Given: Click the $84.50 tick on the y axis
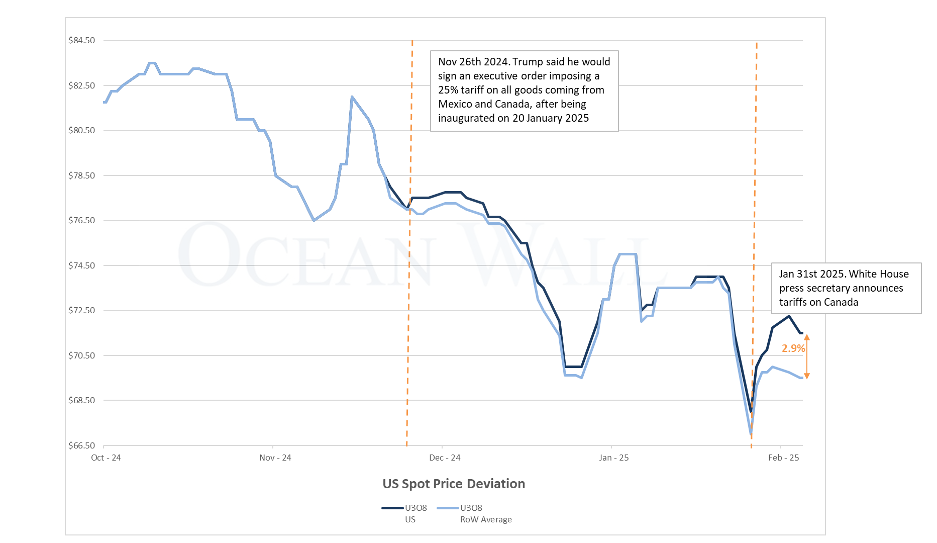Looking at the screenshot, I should pos(81,41).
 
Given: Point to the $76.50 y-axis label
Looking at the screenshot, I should pos(81,221).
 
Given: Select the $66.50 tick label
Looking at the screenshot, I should pos(81,445).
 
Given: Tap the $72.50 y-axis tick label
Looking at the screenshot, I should pos(81,311).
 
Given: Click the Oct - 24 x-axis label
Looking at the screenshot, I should pos(106,458).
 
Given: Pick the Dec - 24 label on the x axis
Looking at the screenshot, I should pos(445,458).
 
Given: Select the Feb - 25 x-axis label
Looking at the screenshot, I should pos(783,458).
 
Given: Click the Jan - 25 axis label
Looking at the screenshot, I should pos(613,458).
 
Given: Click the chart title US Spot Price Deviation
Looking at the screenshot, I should pos(453,484).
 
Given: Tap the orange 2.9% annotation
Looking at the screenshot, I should pos(793,348).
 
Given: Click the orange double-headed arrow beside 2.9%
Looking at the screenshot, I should pos(807,357).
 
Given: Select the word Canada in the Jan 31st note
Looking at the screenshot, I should pos(841,302).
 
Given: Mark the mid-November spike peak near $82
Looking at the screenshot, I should pos(352,97).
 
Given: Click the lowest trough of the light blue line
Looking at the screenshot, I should pos(751,433).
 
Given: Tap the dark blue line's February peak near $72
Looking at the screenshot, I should pos(789,316).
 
